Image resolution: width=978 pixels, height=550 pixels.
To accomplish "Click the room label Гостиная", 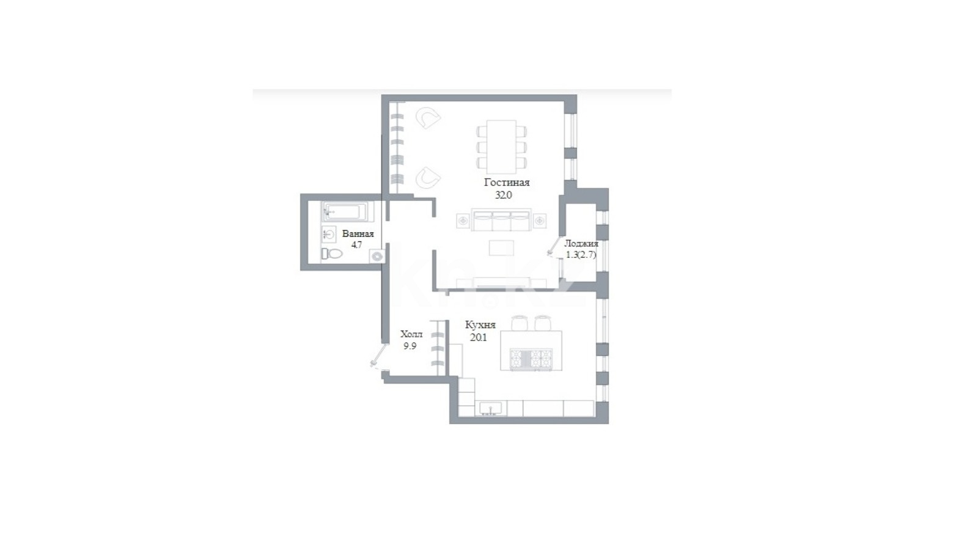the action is click(507, 183).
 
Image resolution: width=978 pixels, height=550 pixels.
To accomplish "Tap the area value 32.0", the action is click(503, 195).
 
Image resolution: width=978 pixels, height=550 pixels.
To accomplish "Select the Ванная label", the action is click(358, 233).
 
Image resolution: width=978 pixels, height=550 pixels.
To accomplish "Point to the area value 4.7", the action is click(357, 245).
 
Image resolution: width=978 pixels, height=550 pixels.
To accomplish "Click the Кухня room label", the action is click(480, 324).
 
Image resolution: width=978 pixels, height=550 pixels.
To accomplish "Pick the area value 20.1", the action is click(478, 337).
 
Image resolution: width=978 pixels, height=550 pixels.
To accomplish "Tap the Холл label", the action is click(411, 334).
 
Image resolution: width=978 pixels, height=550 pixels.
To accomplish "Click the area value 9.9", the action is click(410, 346).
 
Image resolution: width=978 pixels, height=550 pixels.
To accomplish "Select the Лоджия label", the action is click(581, 244).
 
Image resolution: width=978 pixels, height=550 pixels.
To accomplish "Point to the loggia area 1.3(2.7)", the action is click(581, 255).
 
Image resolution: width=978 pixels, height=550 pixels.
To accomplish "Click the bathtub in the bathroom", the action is click(348, 211).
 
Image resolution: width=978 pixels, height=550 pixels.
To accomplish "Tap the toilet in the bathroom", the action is click(333, 253).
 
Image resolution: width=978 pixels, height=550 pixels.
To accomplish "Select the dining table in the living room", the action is click(501, 147).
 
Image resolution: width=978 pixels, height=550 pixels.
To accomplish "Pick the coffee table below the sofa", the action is click(501, 248).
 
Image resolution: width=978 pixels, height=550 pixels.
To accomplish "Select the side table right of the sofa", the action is click(540, 221).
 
